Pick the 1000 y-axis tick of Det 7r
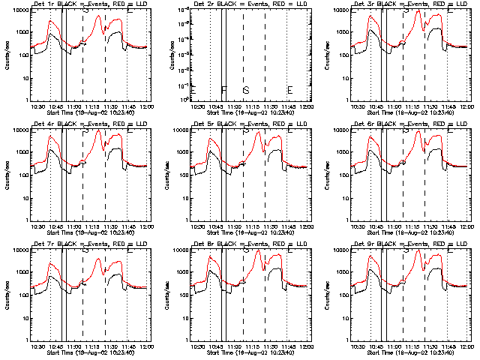pos(20,272)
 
